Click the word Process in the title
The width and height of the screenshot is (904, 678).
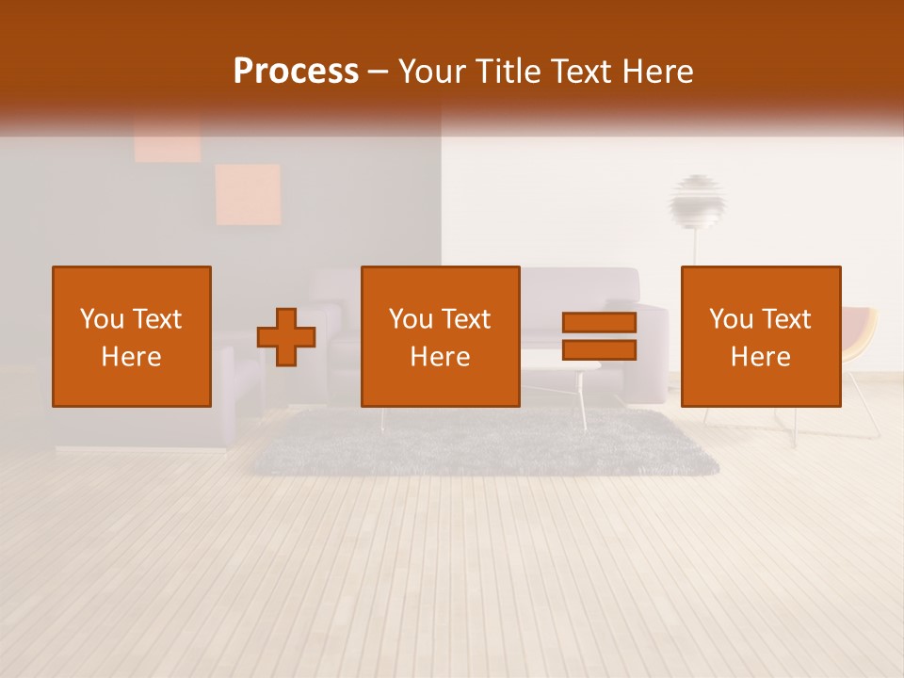click(x=296, y=72)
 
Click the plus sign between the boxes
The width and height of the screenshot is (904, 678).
click(x=286, y=337)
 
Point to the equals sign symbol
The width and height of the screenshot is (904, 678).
click(x=599, y=336)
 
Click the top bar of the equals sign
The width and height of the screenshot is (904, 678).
click(x=599, y=323)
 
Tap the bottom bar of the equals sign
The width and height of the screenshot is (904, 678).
click(x=599, y=350)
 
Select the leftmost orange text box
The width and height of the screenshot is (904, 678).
click(x=132, y=336)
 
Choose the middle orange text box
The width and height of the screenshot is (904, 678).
click(x=440, y=336)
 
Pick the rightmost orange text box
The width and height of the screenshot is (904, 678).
click(x=761, y=336)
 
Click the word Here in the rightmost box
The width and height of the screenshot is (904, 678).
click(x=761, y=356)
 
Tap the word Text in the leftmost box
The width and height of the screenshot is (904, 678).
click(x=156, y=319)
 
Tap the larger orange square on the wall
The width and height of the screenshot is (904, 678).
click(x=248, y=195)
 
